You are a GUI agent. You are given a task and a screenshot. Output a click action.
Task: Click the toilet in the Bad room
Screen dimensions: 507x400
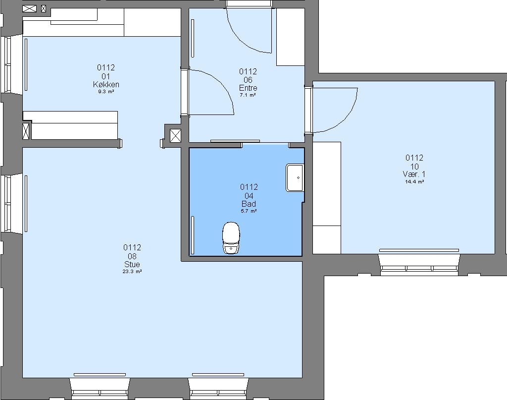click(231, 238)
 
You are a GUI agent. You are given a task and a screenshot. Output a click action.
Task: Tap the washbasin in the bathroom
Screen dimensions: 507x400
click(295, 177)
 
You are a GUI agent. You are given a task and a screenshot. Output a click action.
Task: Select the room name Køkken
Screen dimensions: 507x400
click(106, 84)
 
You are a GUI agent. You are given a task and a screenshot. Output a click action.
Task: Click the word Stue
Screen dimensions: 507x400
click(132, 264)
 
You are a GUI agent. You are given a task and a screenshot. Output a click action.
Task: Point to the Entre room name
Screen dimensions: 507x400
click(248, 88)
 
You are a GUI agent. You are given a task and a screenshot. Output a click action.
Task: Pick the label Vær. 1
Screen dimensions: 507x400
click(414, 174)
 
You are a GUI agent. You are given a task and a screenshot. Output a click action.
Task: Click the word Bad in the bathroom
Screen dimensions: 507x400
click(249, 204)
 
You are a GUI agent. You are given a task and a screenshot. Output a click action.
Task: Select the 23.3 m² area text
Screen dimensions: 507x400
click(132, 272)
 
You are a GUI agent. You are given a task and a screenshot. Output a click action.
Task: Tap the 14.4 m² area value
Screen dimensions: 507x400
click(414, 182)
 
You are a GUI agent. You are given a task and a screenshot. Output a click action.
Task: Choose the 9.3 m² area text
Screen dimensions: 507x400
click(106, 92)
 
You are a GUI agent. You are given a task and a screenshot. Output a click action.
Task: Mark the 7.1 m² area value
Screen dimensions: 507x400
click(248, 96)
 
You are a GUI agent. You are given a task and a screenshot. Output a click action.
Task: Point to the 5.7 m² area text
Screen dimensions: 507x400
click(249, 211)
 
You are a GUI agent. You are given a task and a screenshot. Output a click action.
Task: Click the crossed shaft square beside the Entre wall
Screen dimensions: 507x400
click(176, 136)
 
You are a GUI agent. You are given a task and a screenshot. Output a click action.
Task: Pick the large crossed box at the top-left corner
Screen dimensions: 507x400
click(29, 9)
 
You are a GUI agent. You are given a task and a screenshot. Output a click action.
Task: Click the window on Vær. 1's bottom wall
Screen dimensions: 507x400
click(419, 264)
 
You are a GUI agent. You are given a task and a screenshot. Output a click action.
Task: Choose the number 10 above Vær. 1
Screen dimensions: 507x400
click(414, 167)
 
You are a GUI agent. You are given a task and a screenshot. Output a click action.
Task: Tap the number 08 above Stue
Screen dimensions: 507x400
click(132, 256)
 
